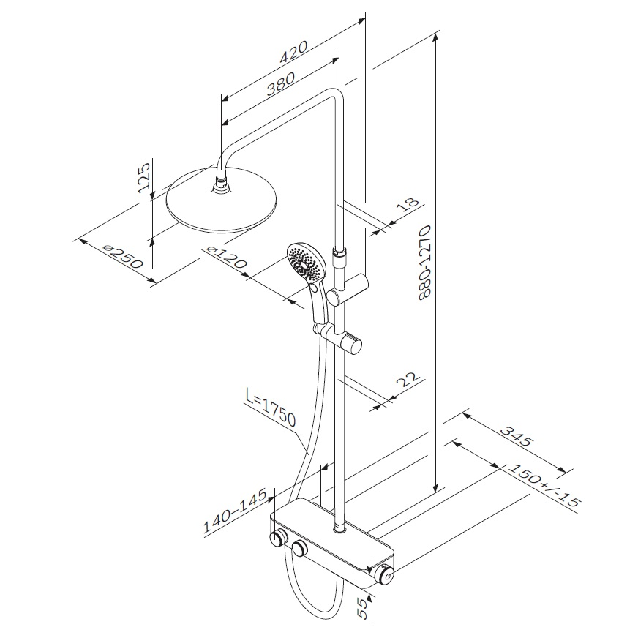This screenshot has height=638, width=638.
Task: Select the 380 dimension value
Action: (x=280, y=84)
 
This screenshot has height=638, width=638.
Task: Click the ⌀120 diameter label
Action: (x=226, y=258)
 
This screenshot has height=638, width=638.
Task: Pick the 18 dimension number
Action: (x=408, y=204)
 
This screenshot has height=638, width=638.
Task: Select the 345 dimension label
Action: (x=516, y=436)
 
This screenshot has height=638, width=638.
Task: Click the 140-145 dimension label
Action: (x=235, y=511)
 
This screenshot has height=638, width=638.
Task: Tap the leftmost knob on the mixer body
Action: (x=278, y=539)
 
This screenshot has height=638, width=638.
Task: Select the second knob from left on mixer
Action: (x=300, y=549)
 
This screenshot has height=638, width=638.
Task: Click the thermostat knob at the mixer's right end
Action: (x=385, y=575)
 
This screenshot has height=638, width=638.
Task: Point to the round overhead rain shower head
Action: (x=222, y=201)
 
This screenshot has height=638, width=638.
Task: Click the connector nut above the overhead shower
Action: (x=220, y=184)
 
